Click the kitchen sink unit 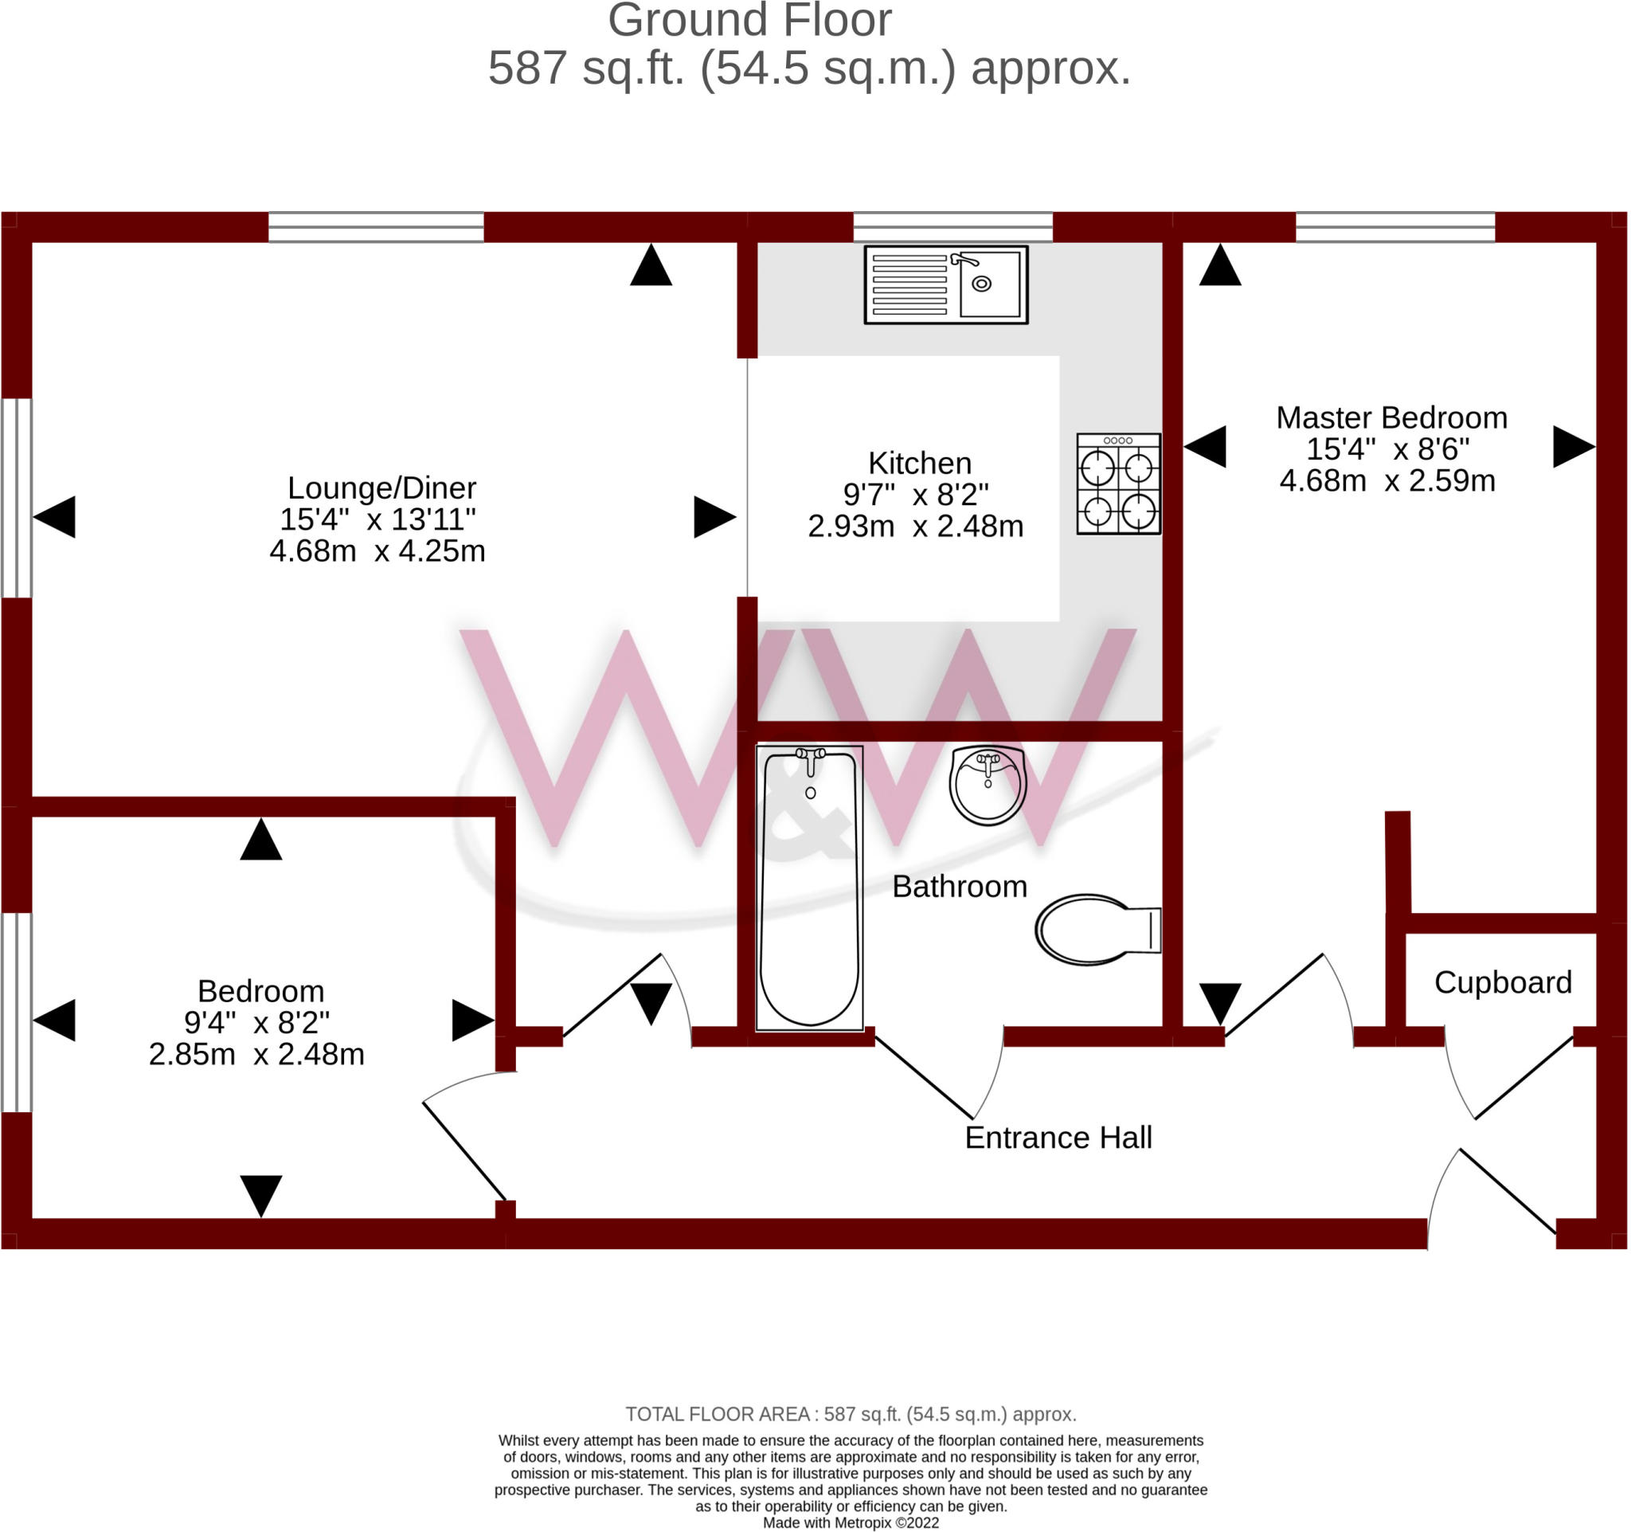coord(947,284)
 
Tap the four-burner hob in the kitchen coord(1120,485)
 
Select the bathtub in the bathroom coord(811,888)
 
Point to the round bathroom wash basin coord(988,786)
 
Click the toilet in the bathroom coord(1098,931)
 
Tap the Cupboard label coord(1504,983)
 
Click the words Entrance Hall coord(1059,1138)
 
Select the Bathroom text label coord(960,887)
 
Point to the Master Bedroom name coord(1392,417)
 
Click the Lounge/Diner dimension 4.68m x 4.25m coord(378,551)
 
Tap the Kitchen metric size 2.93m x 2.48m coord(917,527)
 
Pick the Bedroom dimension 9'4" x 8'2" coord(256,1023)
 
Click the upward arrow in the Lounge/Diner coord(651,265)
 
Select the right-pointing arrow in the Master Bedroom coord(1574,447)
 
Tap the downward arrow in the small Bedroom coord(262,1197)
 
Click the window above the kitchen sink coord(953,227)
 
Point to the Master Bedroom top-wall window coord(1396,227)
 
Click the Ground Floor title coord(750,21)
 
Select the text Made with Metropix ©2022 coord(851,1523)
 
